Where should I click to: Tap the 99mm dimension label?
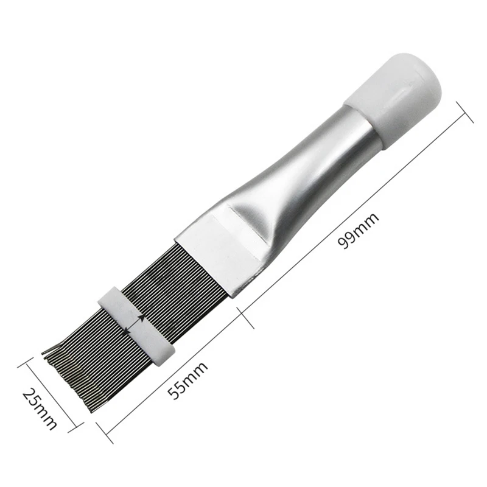pos(359,231)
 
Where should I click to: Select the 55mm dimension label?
pos(187,380)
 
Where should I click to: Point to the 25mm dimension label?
pos(40,408)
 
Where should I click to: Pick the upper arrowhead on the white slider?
pos(142,317)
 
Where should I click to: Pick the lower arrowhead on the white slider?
pos(126,331)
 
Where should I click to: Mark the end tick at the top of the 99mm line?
pos(464,112)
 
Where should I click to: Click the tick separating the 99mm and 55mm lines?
pos(245,318)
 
